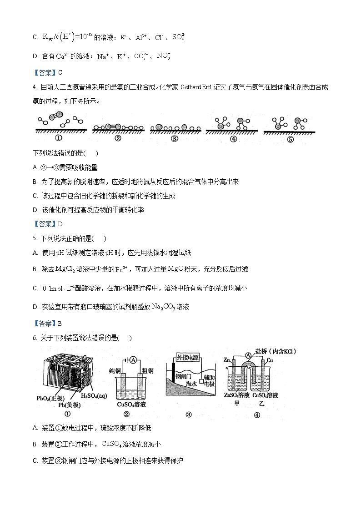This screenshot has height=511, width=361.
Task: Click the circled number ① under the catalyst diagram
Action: pyautogui.click(x=58, y=139)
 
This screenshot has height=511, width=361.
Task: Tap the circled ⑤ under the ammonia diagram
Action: pyautogui.click(x=291, y=140)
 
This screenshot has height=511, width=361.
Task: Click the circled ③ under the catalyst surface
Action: pyautogui.click(x=174, y=139)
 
